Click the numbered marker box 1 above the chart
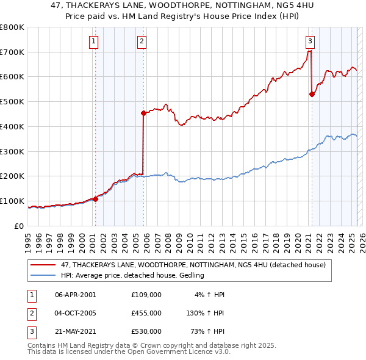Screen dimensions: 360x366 pos(94,41)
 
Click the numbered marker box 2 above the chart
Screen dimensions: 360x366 pos(142,41)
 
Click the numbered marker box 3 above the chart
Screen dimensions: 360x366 pos(310,41)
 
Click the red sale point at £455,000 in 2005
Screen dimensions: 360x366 pos(144,113)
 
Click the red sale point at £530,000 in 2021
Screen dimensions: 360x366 pos(312,94)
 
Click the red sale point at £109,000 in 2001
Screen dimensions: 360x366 pos(96,199)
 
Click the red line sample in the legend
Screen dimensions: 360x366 pos(42,265)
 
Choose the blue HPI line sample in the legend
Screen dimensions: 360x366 pos(42,275)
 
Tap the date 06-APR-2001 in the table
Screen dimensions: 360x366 pos(76,295)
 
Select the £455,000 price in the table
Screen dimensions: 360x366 pos(146,313)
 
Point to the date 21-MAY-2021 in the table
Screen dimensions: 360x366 pos(76,331)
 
